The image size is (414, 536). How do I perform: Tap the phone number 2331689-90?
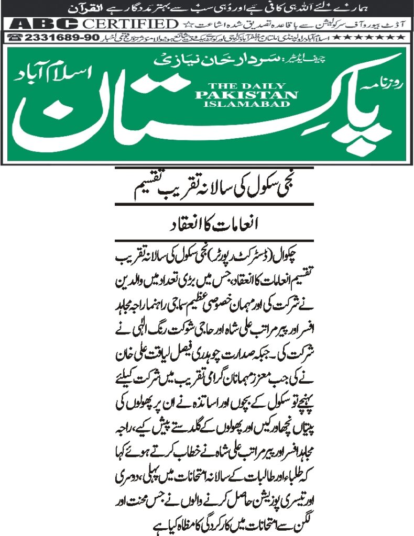[x=53, y=38]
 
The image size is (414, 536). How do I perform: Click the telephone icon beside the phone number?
[x=16, y=38]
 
